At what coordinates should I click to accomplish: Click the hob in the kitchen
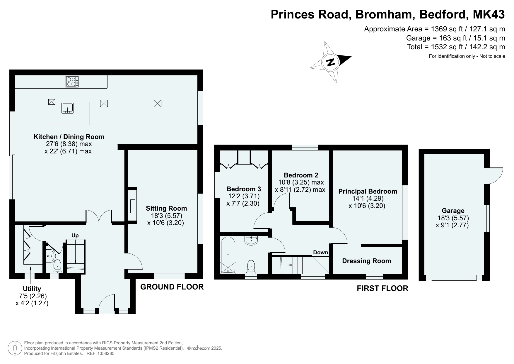(72, 82)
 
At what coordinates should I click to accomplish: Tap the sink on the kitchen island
(68, 108)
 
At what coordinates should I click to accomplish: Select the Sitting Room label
(166, 208)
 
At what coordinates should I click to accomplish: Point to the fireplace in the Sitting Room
(132, 206)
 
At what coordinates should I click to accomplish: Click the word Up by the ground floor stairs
(75, 236)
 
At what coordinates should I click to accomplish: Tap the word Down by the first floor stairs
(321, 253)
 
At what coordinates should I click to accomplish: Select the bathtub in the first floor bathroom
(228, 255)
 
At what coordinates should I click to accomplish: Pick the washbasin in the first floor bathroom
(251, 241)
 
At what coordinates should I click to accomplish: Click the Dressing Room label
(366, 261)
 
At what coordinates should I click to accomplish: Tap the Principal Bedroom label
(368, 191)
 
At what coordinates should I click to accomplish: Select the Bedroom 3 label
(244, 189)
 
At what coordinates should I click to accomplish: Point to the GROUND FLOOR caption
(172, 287)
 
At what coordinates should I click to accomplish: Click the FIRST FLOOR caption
(382, 288)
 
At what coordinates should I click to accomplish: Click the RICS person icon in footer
(15, 348)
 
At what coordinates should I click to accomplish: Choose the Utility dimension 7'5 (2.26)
(32, 296)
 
